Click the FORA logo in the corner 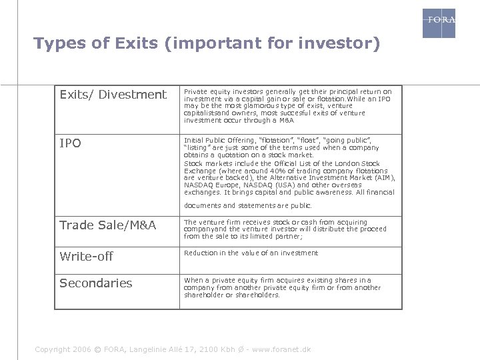439,23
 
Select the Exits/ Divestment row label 113,95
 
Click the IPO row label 70,143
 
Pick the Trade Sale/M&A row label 107,225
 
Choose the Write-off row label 86,256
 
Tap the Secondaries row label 95,283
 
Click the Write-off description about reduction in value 251,253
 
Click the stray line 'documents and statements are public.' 247,206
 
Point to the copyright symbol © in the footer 98,350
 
